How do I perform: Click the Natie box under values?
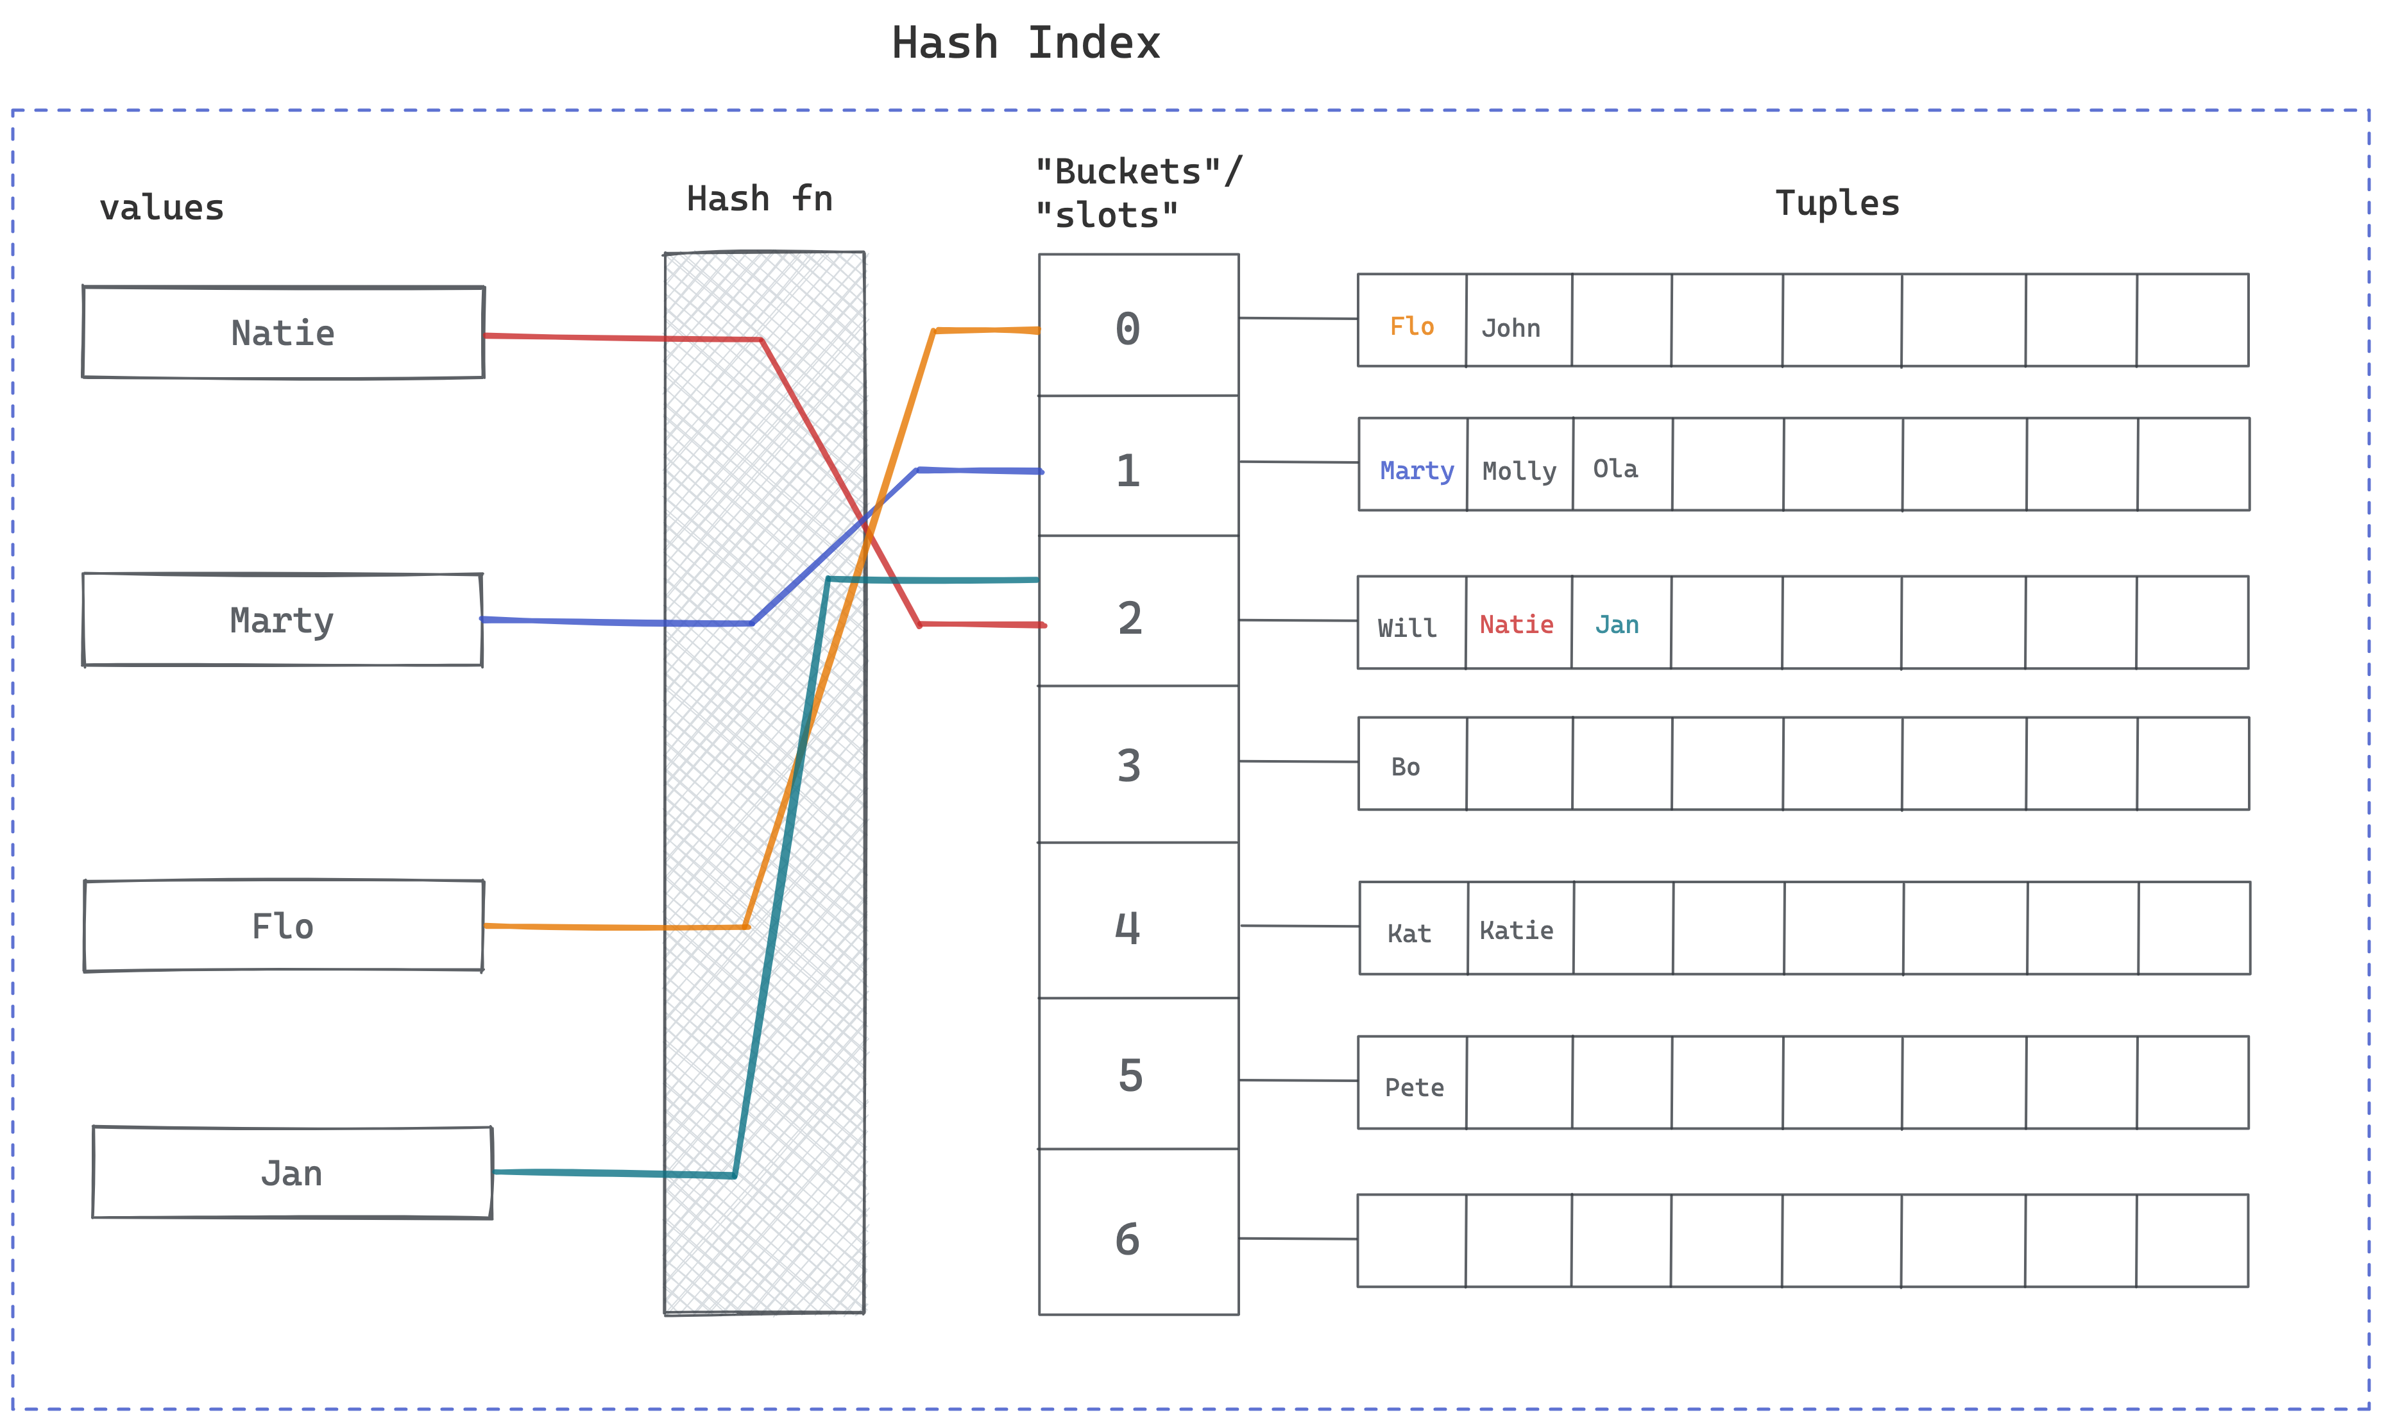[x=283, y=332]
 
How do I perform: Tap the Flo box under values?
[x=283, y=926]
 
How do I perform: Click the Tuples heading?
[x=1837, y=203]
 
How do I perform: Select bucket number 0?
[x=1128, y=328]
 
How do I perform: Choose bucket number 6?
[x=1128, y=1239]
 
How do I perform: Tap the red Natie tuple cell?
[x=1516, y=625]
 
